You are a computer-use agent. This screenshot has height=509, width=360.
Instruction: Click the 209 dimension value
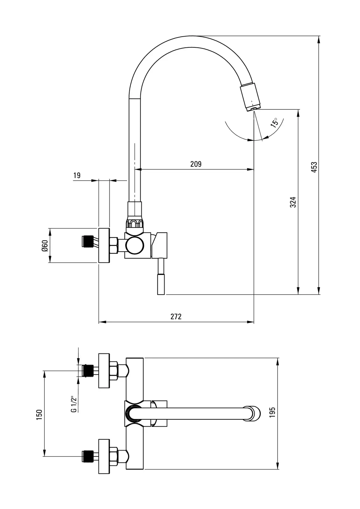click(196, 164)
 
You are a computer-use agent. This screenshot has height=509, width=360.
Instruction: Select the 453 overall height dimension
click(314, 167)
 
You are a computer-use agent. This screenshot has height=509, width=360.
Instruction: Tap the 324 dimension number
click(293, 202)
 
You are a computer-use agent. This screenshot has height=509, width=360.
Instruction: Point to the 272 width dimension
click(176, 317)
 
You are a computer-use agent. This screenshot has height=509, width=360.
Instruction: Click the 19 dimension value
click(77, 175)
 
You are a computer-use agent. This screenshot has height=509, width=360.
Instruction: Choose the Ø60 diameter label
click(45, 245)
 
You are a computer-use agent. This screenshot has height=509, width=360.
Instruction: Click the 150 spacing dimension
click(39, 415)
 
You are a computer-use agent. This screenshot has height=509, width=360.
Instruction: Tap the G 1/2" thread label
click(74, 404)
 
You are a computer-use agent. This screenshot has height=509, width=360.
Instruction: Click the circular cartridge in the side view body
click(135, 246)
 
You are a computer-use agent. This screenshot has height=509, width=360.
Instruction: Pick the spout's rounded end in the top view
click(253, 413)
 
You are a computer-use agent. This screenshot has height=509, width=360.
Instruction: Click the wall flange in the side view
click(104, 245)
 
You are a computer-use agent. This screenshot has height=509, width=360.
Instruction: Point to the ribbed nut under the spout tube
click(135, 223)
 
